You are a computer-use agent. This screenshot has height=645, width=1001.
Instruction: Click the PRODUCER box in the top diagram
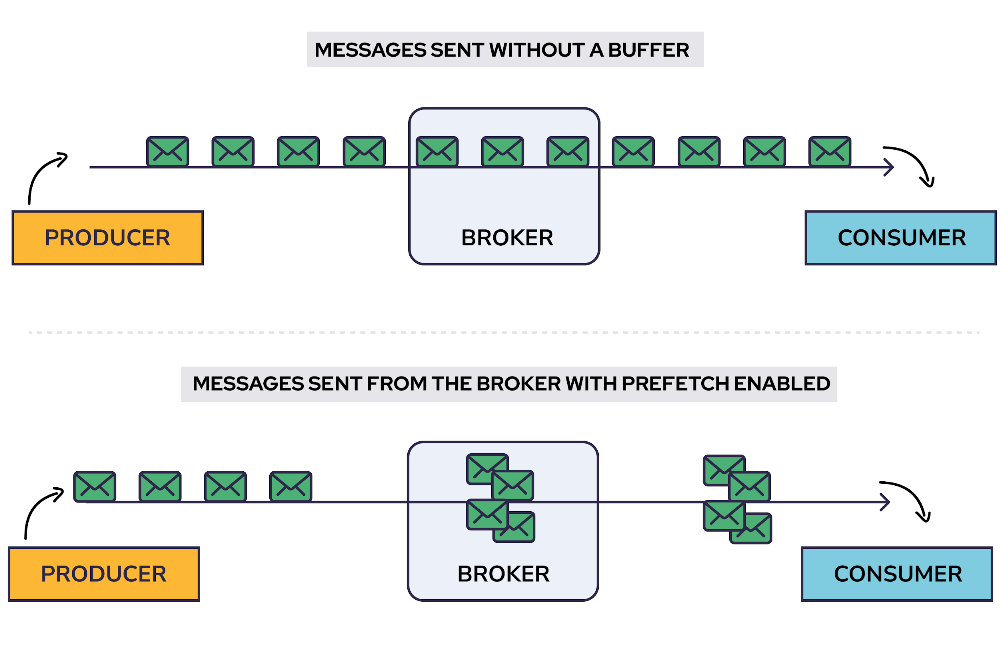click(x=108, y=238)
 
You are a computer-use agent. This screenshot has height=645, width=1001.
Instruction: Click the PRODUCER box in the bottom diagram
click(x=104, y=574)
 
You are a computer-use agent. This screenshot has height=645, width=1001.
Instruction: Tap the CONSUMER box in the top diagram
click(x=901, y=238)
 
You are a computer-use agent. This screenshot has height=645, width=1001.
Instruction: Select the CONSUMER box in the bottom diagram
click(x=897, y=574)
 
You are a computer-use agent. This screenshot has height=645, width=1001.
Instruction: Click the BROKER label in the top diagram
click(x=507, y=238)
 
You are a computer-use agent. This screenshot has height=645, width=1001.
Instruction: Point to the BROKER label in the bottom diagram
click(x=503, y=574)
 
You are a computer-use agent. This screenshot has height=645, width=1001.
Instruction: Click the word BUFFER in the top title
click(x=648, y=50)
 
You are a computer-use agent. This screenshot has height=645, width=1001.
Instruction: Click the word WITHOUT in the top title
click(x=537, y=50)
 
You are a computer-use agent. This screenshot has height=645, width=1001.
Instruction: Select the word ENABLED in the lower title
click(x=782, y=384)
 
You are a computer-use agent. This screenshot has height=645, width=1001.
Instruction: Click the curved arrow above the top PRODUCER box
click(x=44, y=175)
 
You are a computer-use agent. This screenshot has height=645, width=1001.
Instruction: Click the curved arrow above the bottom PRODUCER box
click(x=40, y=511)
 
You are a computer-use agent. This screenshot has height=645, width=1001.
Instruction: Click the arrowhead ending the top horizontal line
click(x=888, y=167)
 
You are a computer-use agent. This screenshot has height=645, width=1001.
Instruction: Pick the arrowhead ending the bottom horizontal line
click(x=885, y=502)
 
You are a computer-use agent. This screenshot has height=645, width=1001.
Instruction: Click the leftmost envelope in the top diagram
click(x=168, y=151)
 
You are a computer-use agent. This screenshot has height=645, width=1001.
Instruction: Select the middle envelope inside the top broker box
click(x=502, y=151)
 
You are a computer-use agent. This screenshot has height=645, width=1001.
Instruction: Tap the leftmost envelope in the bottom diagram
click(x=95, y=486)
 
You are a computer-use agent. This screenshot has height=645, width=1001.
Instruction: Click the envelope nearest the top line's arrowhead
click(x=830, y=151)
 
